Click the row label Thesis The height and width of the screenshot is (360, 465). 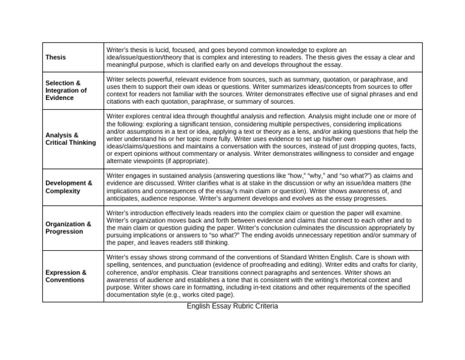(56, 57)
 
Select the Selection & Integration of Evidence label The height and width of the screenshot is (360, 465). (65, 90)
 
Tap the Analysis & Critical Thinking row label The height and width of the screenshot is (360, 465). (70, 139)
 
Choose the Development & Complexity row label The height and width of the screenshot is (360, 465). (68, 187)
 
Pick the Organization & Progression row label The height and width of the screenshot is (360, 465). (68, 227)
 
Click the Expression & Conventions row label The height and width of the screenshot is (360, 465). (65, 276)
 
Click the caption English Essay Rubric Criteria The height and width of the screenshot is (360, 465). (232, 306)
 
